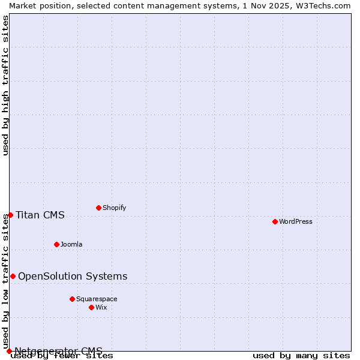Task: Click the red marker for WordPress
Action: pos(275,221)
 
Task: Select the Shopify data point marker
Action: pos(98,208)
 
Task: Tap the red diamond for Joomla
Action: pos(56,244)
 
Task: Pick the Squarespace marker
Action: pos(72,299)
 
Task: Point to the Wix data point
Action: pos(91,307)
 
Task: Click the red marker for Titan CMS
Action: pos(10,215)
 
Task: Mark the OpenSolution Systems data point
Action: pos(13,276)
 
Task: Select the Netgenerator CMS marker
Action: pos(9,351)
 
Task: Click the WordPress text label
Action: pos(296,221)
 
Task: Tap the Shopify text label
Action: pos(114,208)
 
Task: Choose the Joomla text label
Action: pos(71,244)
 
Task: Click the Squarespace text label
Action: pos(97,299)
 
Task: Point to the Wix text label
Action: pos(101,307)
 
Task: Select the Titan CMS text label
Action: pos(40,215)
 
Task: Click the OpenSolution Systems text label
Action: pos(73,276)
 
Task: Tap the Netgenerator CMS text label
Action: pos(58,351)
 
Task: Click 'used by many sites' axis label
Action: pos(301,356)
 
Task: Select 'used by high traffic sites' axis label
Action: pos(5,85)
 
